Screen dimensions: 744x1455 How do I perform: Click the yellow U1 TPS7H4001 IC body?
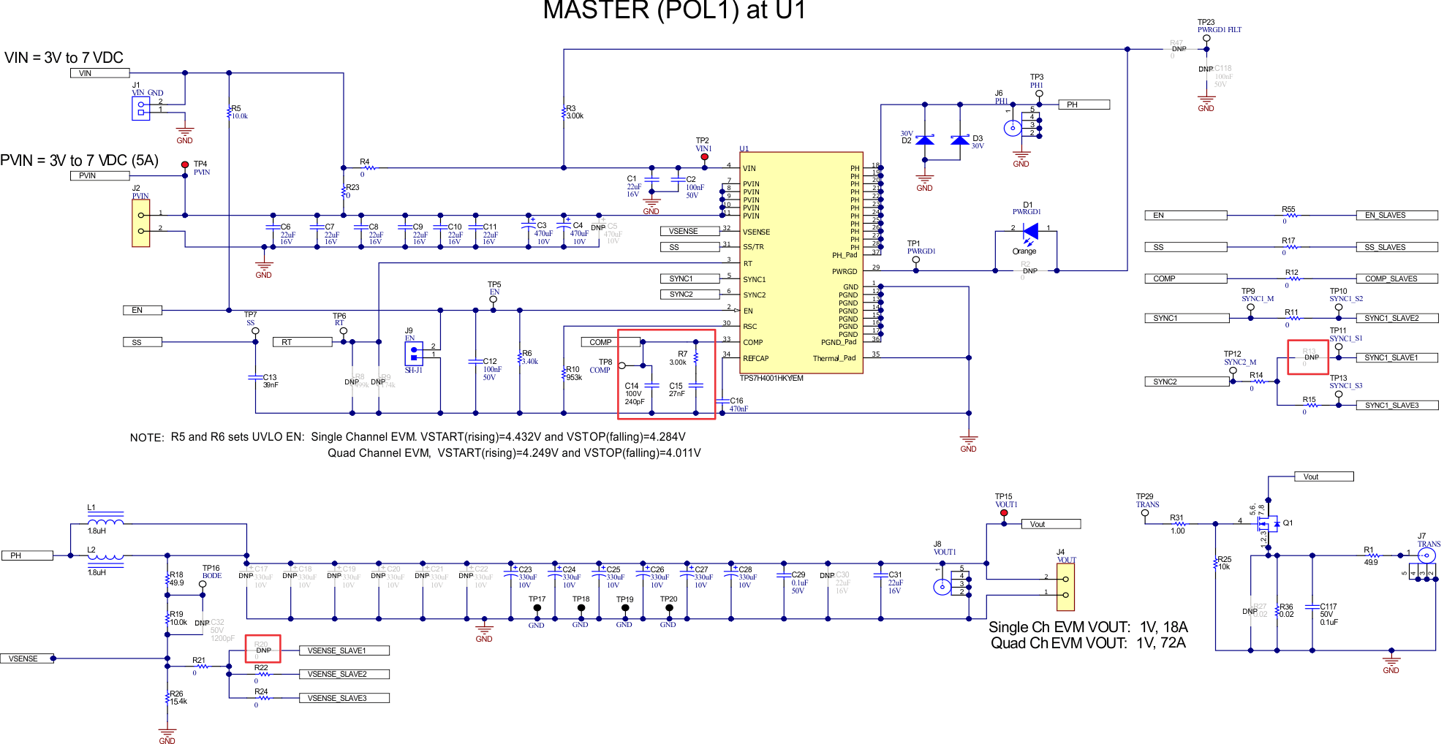coord(801,263)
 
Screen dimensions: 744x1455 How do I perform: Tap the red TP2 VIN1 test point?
coord(704,157)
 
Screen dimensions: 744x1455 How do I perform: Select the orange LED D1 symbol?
coord(1031,232)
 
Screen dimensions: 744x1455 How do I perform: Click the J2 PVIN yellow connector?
coord(140,223)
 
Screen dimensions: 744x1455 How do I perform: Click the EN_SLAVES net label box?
coord(1397,215)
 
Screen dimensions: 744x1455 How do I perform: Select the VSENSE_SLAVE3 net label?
coord(344,698)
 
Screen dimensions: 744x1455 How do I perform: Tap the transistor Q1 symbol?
coord(1269,523)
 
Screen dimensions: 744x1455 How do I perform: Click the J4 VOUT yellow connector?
coord(1065,586)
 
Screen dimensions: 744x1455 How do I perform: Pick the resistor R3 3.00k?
coord(564,113)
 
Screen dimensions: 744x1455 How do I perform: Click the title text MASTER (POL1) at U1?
coord(673,10)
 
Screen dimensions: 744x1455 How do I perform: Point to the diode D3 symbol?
coord(960,140)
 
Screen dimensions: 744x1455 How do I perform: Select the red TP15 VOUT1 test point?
coord(1004,512)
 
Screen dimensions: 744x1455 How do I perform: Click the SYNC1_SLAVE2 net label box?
coord(1397,318)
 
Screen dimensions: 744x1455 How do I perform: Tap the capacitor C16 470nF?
coord(722,401)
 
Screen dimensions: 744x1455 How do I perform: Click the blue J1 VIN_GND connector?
coord(140,108)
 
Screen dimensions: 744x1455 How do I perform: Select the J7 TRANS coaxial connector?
coord(1426,555)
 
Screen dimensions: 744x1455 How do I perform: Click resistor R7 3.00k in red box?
coord(696,358)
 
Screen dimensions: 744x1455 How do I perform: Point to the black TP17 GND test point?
coord(537,607)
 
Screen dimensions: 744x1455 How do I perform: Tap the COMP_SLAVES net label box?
coord(1397,278)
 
